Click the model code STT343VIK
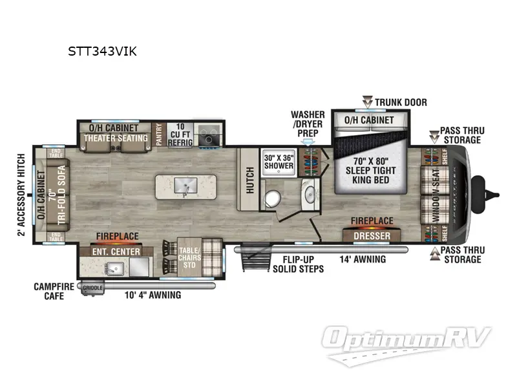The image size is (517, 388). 102,52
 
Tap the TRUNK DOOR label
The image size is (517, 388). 401,102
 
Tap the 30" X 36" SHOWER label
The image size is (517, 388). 279,161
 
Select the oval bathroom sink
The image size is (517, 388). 309,194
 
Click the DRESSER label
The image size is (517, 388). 372,236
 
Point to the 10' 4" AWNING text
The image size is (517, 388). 152,296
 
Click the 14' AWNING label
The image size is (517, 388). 363,259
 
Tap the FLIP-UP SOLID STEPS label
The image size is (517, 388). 298,264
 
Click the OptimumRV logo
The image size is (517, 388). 407,341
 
